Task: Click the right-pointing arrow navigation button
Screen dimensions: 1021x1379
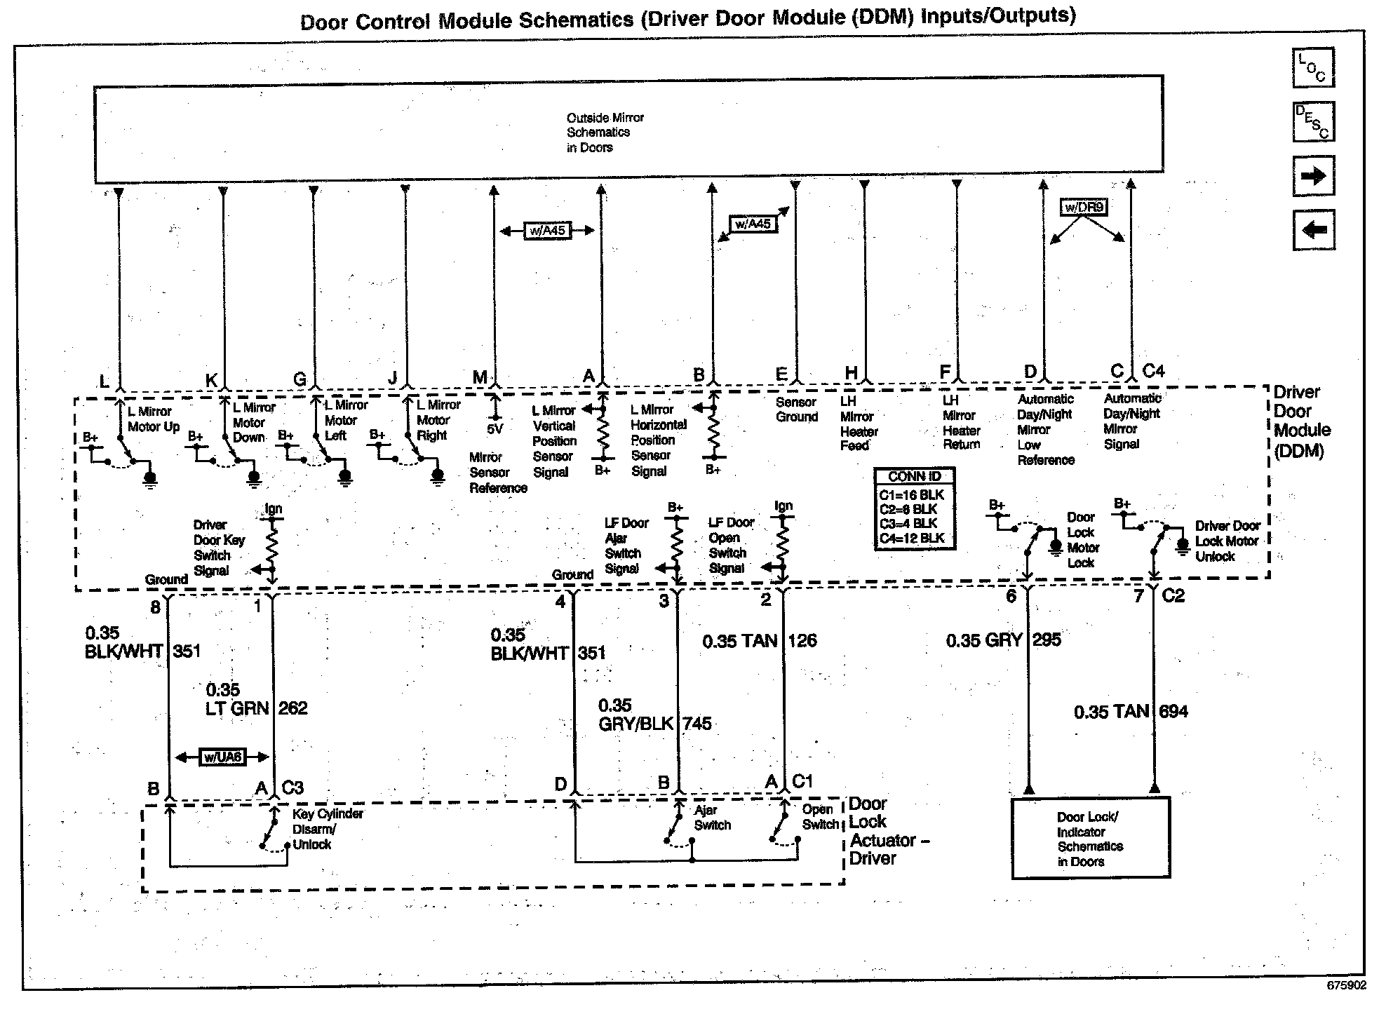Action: (x=1313, y=175)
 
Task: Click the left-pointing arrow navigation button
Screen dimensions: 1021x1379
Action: (x=1313, y=230)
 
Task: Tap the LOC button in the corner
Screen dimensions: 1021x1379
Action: (x=1313, y=68)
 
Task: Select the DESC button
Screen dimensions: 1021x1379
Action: (x=1313, y=121)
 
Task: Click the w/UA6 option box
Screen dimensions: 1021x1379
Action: (x=222, y=757)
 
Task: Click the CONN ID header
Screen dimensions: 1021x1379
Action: (x=915, y=477)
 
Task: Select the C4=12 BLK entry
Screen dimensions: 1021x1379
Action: (x=912, y=539)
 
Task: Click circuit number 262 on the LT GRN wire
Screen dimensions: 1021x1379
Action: (x=292, y=708)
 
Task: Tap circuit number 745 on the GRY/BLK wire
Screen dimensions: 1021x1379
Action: (x=697, y=724)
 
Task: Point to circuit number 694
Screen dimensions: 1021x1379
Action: (x=1173, y=712)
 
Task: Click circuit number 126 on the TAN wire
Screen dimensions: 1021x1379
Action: (x=802, y=641)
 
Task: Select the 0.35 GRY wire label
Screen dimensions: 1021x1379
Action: (x=983, y=640)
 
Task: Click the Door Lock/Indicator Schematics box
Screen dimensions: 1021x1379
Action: (x=1091, y=839)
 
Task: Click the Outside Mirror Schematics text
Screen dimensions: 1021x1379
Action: (x=605, y=133)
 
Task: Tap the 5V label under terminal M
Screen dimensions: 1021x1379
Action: (x=495, y=428)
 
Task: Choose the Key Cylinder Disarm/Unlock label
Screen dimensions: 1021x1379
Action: (x=328, y=829)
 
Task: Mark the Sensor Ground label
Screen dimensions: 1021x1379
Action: (x=796, y=410)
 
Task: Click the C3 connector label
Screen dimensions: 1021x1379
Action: (x=292, y=787)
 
